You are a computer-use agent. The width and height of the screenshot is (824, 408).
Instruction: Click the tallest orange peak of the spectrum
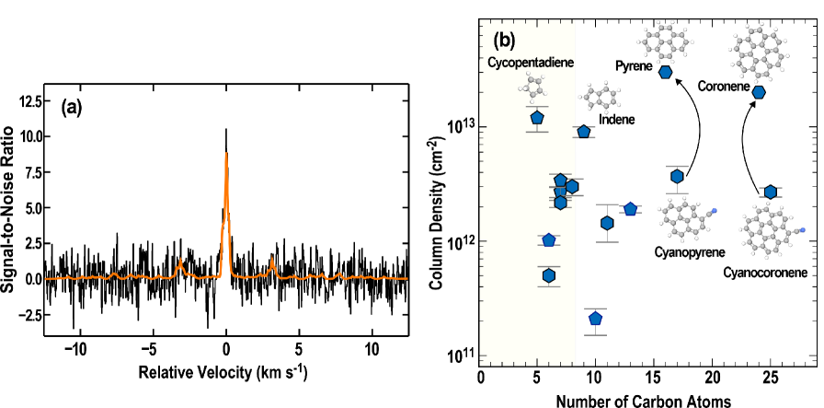click(x=226, y=157)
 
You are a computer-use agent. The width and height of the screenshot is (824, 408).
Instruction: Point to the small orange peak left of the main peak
click(x=180, y=262)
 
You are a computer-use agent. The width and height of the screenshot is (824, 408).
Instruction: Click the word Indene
click(x=616, y=120)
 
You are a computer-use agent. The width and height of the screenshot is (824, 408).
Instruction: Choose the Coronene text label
click(x=723, y=87)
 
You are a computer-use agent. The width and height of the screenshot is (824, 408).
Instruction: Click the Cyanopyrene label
click(x=689, y=251)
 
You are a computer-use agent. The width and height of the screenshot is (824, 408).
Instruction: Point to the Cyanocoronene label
click(x=765, y=273)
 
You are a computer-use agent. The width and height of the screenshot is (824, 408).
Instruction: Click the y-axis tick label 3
click(x=473, y=124)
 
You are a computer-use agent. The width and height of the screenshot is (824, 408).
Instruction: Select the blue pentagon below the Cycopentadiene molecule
click(x=537, y=117)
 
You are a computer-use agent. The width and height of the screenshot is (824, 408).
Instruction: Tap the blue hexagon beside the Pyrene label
click(x=665, y=71)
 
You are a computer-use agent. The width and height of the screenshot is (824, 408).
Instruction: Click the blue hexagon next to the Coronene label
click(x=759, y=92)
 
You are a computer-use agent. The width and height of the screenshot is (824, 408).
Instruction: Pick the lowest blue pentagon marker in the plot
click(x=595, y=319)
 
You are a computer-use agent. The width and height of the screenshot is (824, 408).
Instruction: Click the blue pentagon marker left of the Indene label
click(x=583, y=132)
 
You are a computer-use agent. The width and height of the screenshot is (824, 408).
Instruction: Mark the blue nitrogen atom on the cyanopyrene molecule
click(x=714, y=212)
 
